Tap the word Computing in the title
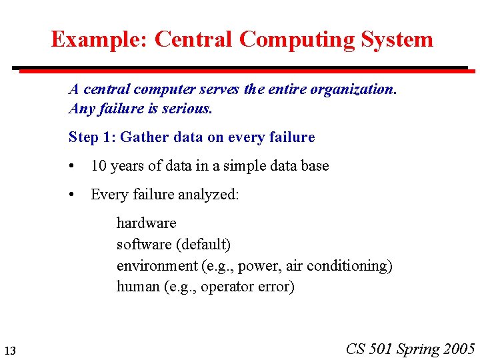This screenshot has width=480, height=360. coord(297,39)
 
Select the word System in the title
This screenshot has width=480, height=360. coord(397,39)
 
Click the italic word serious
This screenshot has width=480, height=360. coord(189,108)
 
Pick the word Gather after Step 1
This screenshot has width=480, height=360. coord(145,137)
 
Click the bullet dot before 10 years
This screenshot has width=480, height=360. coord(71,166)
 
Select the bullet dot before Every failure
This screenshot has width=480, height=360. coord(71,195)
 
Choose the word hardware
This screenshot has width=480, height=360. coord(146,223)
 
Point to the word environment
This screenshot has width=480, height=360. coord(157,265)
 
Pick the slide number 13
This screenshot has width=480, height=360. coord(9,351)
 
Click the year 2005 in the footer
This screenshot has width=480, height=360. coord(459,349)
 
